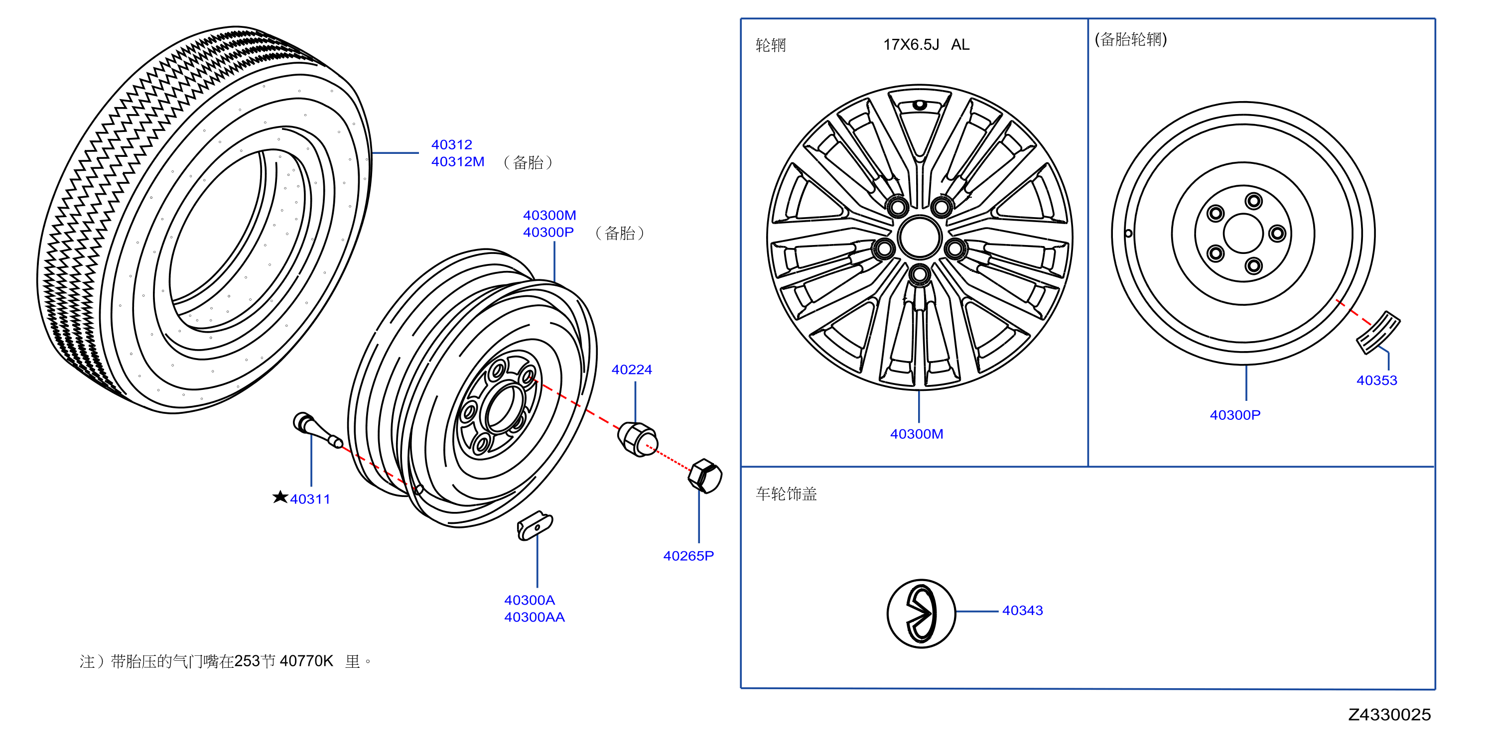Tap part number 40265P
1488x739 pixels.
[688, 556]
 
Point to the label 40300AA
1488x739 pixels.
[535, 617]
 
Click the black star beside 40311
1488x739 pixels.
[280, 497]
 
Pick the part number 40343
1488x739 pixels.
[1022, 610]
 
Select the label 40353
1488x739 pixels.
[1376, 380]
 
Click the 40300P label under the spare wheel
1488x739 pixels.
[1235, 415]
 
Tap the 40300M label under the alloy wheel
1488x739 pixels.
[917, 434]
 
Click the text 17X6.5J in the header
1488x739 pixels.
[911, 44]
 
